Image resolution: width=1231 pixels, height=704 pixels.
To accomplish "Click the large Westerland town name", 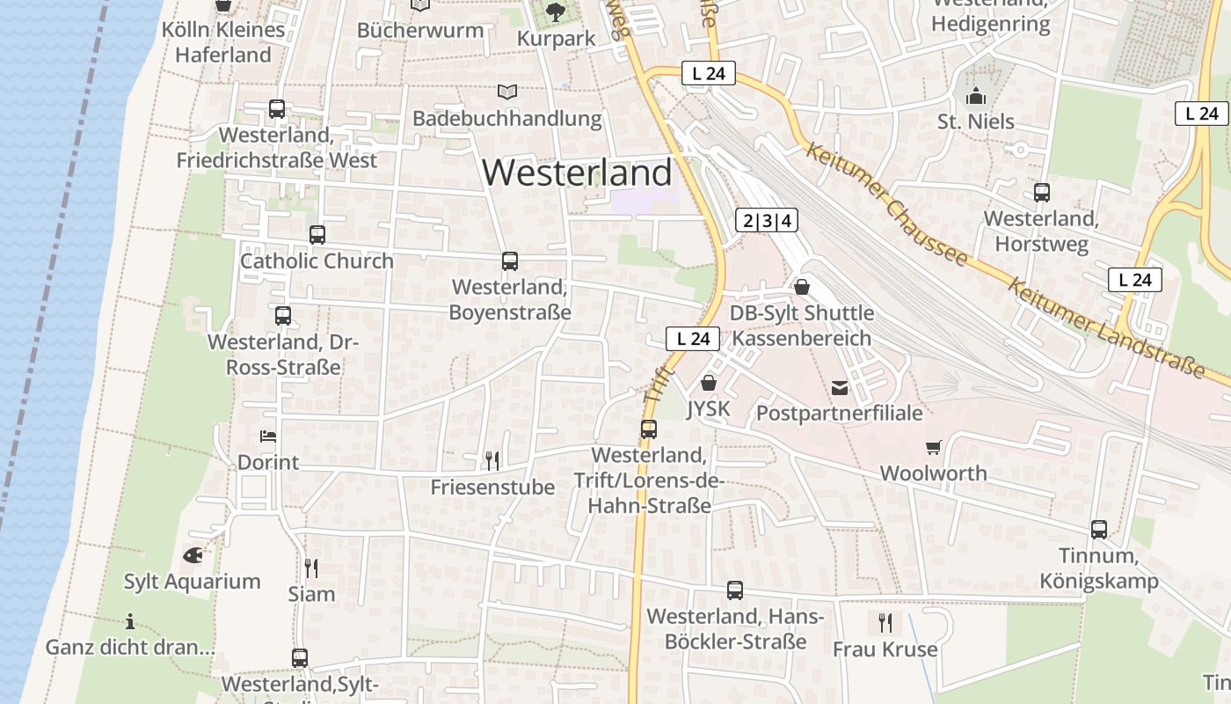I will [577, 172].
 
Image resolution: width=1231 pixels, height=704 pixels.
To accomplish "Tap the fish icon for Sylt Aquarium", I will [193, 555].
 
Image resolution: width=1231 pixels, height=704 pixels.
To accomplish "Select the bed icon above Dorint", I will [268, 436].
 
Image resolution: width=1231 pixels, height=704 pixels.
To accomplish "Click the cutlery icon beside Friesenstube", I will [492, 459].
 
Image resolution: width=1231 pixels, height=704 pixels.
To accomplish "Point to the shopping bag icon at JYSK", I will [709, 383].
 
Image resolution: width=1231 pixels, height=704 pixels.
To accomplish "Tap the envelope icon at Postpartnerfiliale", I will [840, 387].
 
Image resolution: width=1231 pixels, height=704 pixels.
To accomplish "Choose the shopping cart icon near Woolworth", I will [933, 447].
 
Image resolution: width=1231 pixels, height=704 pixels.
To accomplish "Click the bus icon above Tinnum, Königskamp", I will [1099, 529].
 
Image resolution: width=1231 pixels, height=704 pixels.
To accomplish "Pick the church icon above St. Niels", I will [975, 96].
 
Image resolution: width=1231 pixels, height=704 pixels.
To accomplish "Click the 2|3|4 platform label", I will [767, 220].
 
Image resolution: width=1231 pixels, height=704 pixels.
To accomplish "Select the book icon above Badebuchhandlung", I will [507, 92].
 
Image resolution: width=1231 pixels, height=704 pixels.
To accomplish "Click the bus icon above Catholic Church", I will [317, 235].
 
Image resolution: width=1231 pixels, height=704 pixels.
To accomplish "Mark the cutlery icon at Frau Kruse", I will [885, 623].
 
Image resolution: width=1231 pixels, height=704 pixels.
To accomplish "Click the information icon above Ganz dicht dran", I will [130, 622].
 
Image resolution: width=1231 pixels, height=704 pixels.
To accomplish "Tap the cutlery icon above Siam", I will [310, 568].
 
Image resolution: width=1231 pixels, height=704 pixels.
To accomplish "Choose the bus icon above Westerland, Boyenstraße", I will [510, 260].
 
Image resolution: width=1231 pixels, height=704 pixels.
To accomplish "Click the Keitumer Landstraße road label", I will [1105, 328].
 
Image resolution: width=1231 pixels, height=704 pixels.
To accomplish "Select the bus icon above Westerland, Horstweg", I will [1042, 192].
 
